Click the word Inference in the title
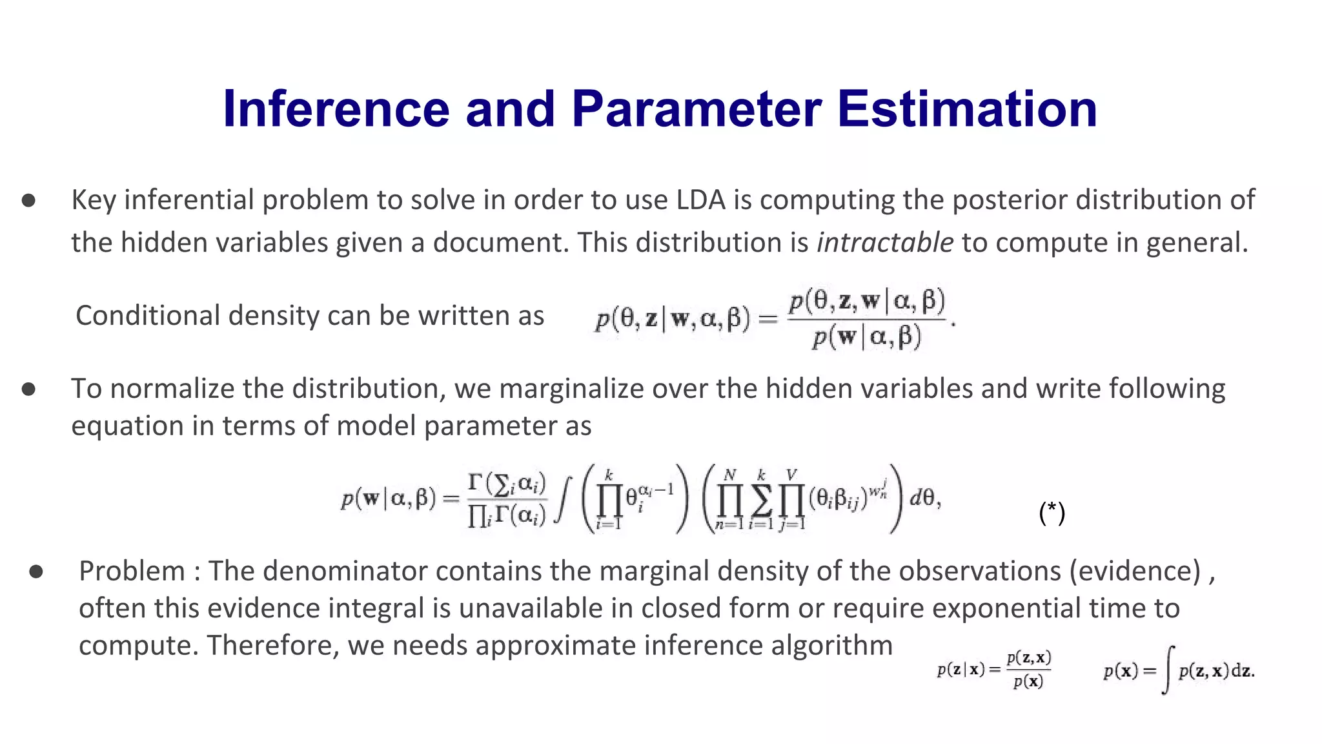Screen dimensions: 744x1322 click(x=336, y=108)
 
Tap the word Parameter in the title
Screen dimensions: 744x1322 click(x=696, y=108)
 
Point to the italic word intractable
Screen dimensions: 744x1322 click(x=884, y=243)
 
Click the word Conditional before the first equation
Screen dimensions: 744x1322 click(x=148, y=316)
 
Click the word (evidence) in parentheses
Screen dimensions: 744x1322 click(x=1134, y=571)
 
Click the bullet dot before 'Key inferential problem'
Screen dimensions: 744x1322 click(x=28, y=201)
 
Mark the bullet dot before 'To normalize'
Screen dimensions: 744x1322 click(x=28, y=389)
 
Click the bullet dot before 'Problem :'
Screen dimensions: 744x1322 click(x=36, y=572)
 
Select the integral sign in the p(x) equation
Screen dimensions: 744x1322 click(x=1167, y=670)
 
